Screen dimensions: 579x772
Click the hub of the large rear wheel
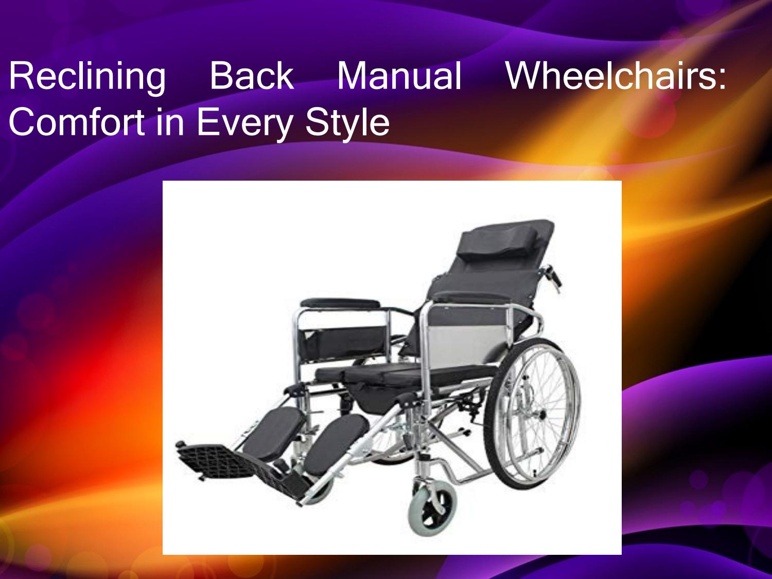tap(540, 415)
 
